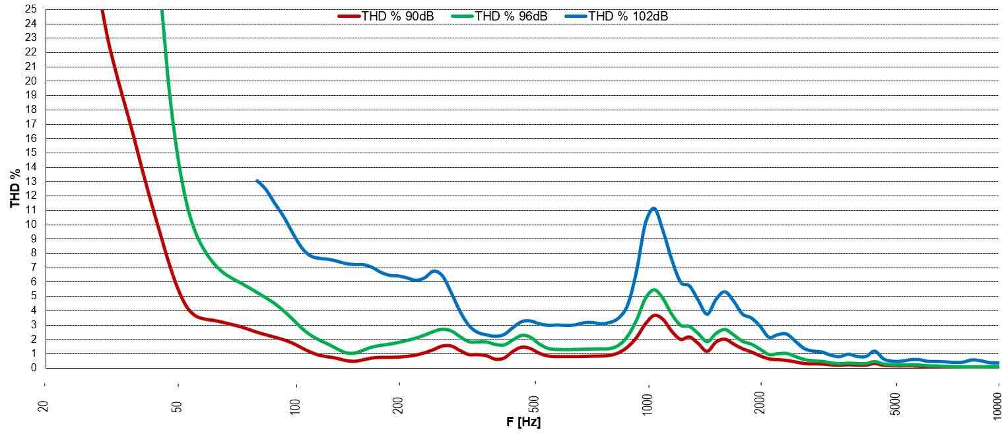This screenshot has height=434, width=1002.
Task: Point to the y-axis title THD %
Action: coord(15,188)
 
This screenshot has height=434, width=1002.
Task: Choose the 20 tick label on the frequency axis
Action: coord(44,403)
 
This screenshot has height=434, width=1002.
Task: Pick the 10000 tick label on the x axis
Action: coord(998,400)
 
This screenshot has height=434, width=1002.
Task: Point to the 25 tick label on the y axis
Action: coord(31,10)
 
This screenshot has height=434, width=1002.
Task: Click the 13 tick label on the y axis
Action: coord(31,182)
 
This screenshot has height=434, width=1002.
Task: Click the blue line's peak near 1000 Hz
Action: coord(653,208)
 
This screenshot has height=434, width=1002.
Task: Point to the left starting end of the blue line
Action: coord(257,180)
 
